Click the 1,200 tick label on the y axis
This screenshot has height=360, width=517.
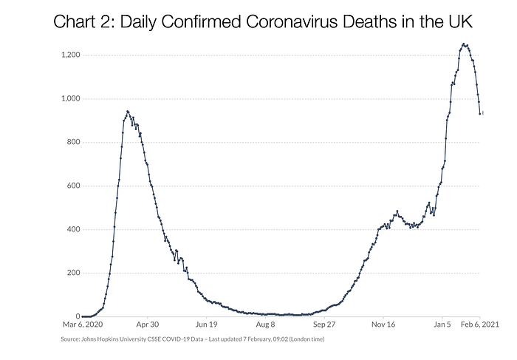point(71,55)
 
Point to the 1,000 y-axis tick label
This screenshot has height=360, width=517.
point(71,98)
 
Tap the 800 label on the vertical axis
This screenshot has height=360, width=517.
point(73,142)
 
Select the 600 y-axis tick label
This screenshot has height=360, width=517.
point(73,186)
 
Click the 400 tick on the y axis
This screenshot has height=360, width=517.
point(73,229)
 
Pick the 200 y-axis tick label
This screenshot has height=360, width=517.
point(73,273)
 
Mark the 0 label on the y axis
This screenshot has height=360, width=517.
point(78,316)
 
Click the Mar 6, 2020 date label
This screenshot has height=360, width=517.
point(83,325)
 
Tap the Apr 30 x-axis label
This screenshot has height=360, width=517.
point(148,325)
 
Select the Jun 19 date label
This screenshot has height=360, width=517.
point(206,325)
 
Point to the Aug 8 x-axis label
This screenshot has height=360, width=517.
point(265,325)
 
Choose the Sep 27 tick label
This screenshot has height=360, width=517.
point(324,325)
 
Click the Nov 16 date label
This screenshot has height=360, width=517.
point(383,325)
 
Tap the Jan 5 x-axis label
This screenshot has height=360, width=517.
point(442,325)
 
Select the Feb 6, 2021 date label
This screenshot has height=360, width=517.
point(480,325)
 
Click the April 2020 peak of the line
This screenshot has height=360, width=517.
point(128,111)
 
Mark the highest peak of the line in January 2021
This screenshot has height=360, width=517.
point(464,44)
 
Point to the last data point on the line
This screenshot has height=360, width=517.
point(480,114)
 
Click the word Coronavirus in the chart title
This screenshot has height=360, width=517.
point(292,21)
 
